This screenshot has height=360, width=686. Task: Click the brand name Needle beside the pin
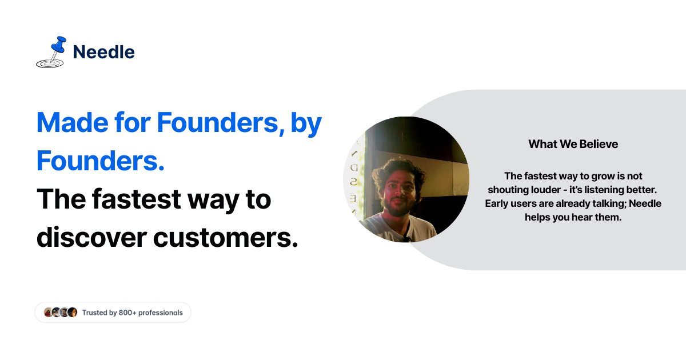[x=104, y=52]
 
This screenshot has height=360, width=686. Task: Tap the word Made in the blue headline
[x=72, y=123]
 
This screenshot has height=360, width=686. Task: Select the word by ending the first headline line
[x=306, y=125]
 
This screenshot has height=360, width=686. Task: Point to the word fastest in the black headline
[x=137, y=199]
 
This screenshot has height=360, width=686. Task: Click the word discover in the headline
[x=92, y=238]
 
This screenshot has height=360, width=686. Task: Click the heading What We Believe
[x=573, y=144]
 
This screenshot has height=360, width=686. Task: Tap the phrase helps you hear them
[x=573, y=217]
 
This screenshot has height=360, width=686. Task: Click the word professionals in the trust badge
[x=161, y=313]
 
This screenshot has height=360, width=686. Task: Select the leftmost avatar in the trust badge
[x=49, y=312]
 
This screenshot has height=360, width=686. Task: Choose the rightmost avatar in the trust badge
[x=72, y=312]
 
